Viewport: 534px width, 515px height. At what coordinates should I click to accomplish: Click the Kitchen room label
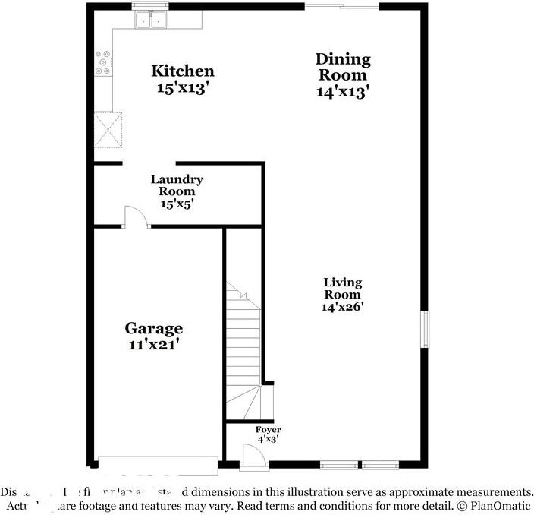click(183, 71)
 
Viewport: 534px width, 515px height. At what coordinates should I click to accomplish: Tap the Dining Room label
click(343, 67)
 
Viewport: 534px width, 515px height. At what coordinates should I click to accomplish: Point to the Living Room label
click(343, 289)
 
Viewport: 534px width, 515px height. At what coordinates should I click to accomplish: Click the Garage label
click(154, 329)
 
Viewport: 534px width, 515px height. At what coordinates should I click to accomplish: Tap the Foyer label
click(268, 431)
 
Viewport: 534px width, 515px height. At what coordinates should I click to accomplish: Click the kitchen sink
click(151, 21)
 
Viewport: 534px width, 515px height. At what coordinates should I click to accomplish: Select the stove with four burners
click(102, 64)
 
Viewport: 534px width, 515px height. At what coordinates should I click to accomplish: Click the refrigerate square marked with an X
click(108, 130)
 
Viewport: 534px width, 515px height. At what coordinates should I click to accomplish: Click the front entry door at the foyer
click(251, 458)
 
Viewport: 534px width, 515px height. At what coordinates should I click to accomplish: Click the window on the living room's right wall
click(426, 329)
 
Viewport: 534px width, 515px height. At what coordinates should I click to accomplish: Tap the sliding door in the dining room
click(341, 8)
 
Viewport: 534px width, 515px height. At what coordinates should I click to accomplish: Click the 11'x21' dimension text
click(154, 344)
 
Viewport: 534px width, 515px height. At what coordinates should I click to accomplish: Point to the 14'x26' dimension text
click(343, 308)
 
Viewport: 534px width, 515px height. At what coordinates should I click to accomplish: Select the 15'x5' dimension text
click(177, 204)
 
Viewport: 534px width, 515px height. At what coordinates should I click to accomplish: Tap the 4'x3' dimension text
click(268, 440)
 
